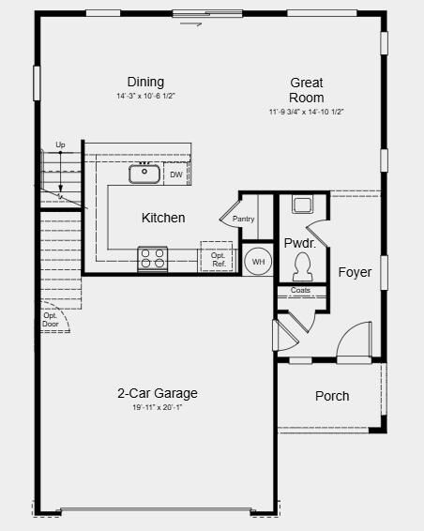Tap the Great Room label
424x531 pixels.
point(307,90)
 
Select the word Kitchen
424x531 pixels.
point(163,218)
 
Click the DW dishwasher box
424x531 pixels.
point(176,174)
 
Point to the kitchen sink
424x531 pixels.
point(144,173)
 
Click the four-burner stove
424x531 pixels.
point(153,258)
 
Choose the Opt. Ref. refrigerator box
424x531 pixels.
point(218,259)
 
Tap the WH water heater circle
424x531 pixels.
point(258,262)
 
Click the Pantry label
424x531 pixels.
point(244,219)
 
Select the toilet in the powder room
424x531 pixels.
point(302,270)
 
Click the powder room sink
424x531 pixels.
point(302,205)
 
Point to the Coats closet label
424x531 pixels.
point(300,291)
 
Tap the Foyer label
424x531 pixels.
point(355,273)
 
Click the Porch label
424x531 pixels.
point(332,396)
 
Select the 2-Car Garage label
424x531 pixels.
point(157,393)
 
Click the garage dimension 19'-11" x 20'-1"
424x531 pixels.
point(157,408)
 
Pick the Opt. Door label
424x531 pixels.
point(51,319)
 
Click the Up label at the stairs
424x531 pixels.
point(60,144)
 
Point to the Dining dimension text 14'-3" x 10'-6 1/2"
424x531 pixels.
point(145,97)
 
